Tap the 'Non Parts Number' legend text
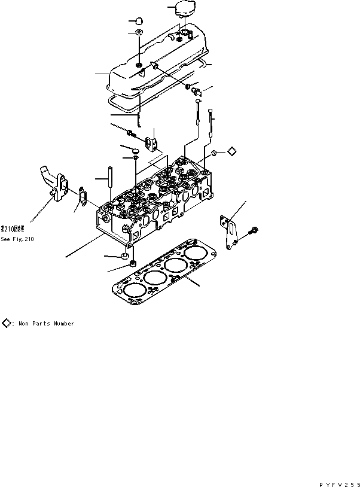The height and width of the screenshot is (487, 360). coord(46,324)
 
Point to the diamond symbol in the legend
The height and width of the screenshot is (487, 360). coord(6,323)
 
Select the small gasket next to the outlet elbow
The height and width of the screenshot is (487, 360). coord(80,193)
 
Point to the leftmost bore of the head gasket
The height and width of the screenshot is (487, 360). coord(133,290)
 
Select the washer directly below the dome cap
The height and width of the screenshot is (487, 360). coord(139,32)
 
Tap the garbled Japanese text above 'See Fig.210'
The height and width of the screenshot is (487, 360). coord(13,229)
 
